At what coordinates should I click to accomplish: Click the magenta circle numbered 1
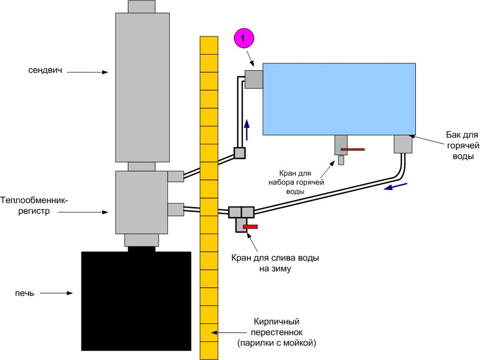[243, 38]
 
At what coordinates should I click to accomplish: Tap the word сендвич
[47, 71]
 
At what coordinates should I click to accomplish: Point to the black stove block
[137, 300]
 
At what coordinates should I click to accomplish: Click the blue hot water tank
[339, 99]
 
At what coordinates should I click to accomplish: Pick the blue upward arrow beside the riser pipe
[246, 132]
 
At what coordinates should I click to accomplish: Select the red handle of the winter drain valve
[251, 226]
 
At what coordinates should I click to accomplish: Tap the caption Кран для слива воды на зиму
[275, 263]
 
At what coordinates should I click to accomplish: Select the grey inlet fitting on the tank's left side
[254, 79]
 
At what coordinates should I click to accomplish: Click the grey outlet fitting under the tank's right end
[403, 144]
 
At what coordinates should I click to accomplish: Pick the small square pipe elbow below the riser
[240, 153]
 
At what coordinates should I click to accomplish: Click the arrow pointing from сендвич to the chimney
[93, 71]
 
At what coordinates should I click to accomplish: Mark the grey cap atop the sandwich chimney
[142, 6]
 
